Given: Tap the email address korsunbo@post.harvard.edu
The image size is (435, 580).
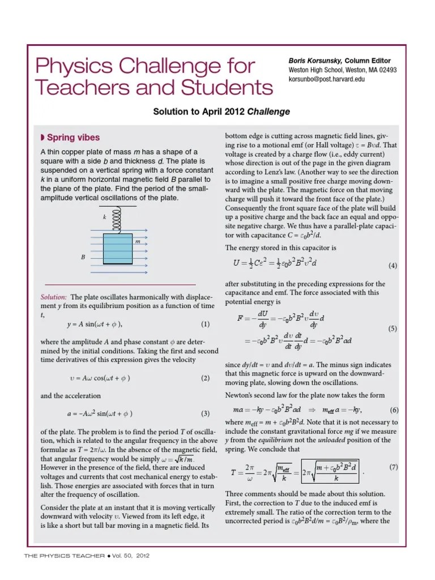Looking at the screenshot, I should click(327, 79).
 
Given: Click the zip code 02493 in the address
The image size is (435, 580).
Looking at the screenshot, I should click(385, 70).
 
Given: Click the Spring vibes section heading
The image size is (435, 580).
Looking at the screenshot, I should click(73, 138).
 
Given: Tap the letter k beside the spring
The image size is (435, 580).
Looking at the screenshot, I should click(104, 217).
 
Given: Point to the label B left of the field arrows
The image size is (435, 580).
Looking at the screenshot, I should click(83, 257).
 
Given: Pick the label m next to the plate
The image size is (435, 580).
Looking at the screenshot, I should click(137, 241).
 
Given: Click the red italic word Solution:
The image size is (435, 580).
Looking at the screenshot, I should click(54, 297).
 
